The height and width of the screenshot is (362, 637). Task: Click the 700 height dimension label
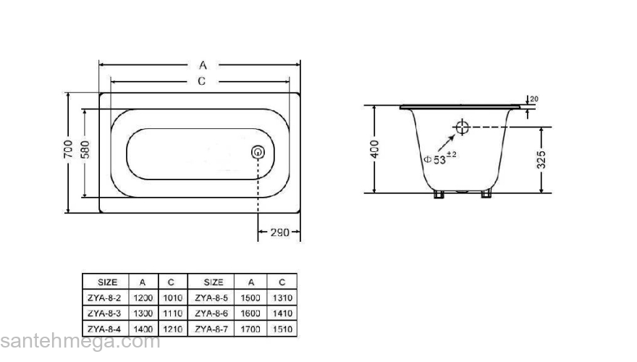(x=67, y=149)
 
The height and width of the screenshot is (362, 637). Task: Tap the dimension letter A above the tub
(x=203, y=65)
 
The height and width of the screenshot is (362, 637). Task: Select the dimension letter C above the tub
(x=202, y=81)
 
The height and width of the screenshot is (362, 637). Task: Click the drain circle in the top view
(x=258, y=153)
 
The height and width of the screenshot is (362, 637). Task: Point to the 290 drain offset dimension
(x=279, y=233)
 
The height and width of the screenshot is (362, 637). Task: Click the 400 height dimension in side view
(x=374, y=148)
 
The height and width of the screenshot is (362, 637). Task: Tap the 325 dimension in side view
(x=541, y=160)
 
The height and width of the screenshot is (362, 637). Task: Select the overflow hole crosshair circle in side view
(x=462, y=128)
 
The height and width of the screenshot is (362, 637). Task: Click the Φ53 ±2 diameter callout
(x=440, y=159)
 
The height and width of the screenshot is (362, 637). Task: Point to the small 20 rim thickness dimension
(x=534, y=99)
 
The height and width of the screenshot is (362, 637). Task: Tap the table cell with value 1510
(x=282, y=328)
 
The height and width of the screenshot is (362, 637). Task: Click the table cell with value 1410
(x=282, y=313)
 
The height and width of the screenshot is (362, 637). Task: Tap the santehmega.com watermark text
(x=80, y=342)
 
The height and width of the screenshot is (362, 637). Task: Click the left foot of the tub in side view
(x=439, y=194)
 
